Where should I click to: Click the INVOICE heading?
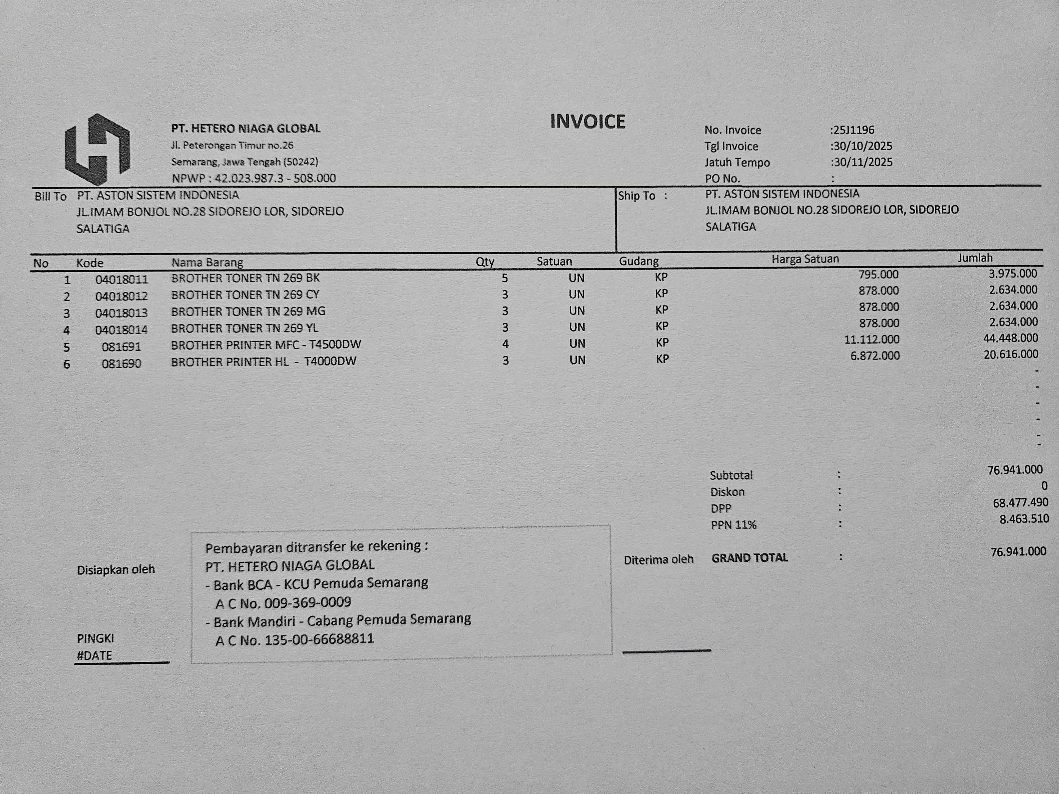[x=587, y=121]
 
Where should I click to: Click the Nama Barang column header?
[x=207, y=262]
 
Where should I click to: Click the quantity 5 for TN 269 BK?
[x=505, y=278]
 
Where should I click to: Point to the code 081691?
[x=121, y=346]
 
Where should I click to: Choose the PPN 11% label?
[x=733, y=525]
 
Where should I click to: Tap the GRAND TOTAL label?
[x=749, y=558]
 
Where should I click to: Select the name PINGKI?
[x=95, y=638]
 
